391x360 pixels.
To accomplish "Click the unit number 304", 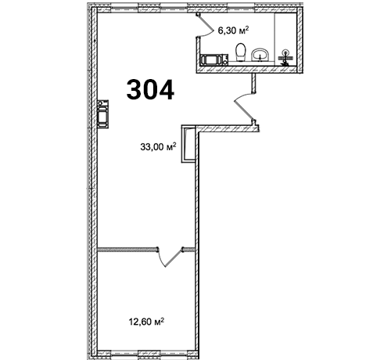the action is (150, 90).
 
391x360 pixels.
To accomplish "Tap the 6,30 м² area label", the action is (233, 31).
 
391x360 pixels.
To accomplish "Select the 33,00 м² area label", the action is (158, 146).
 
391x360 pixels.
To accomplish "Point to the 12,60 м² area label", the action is (146, 322).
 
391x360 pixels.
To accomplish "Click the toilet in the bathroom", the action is (241, 52).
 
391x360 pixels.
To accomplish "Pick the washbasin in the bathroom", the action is (260, 55).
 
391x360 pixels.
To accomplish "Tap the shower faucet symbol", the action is (285, 57).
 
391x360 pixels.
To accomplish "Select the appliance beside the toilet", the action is (214, 59).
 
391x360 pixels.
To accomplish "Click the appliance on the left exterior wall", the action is (103, 113).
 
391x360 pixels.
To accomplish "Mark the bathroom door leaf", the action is (206, 24).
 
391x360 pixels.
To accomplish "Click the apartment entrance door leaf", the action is (244, 110).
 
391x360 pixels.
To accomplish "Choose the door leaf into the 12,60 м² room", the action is (174, 257).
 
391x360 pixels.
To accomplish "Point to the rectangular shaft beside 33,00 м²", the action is (188, 144).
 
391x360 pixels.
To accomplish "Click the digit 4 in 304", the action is (166, 90).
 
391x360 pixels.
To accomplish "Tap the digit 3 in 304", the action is (134, 90).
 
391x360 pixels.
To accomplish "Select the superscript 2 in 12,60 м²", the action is (162, 319).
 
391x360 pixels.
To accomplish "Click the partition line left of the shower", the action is (274, 38).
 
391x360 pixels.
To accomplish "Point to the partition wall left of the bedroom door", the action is (127, 250).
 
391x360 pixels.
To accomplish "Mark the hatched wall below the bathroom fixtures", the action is (246, 69).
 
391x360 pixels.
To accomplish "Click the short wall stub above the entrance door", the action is (253, 83).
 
